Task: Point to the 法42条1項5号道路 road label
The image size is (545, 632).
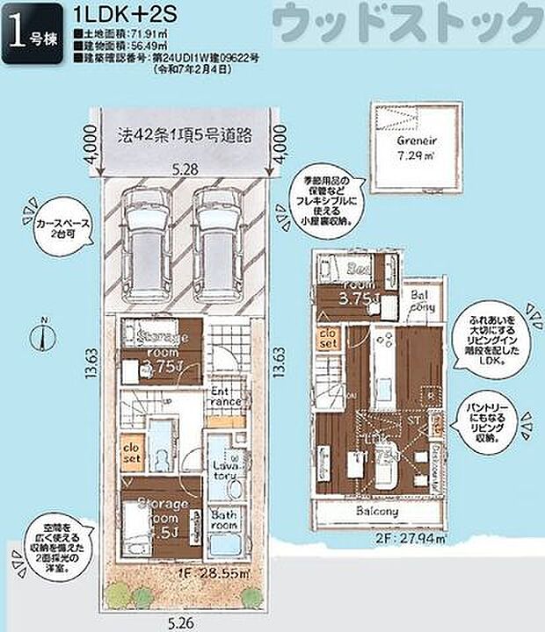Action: [185, 134]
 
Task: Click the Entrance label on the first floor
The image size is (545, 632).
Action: [225, 396]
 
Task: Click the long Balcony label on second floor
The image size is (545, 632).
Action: [378, 511]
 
